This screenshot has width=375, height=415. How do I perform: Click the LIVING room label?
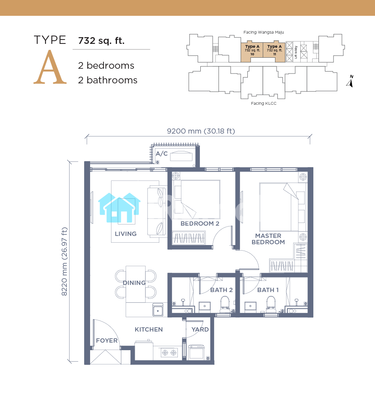pyautogui.click(x=126, y=234)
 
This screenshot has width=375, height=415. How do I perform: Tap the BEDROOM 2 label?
pyautogui.click(x=200, y=224)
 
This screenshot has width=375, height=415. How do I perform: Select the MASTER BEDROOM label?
pyautogui.click(x=268, y=239)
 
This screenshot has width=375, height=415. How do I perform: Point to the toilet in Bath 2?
pyautogui.click(x=225, y=304)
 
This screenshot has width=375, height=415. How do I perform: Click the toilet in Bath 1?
pyautogui.click(x=271, y=304)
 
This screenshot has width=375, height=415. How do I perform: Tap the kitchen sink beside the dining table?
pyautogui.click(x=158, y=310)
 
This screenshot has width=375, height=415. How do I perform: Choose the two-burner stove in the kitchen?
pyautogui.click(x=170, y=353)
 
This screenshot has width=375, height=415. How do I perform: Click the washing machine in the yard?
pyautogui.click(x=196, y=352)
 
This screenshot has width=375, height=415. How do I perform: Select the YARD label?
pyautogui.click(x=200, y=330)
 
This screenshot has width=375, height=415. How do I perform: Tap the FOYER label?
pyautogui.click(x=107, y=341)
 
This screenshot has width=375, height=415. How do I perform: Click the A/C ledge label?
pyautogui.click(x=162, y=153)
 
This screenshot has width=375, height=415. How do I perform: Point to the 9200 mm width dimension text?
pyautogui.click(x=201, y=131)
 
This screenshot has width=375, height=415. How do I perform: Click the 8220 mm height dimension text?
pyautogui.click(x=64, y=261)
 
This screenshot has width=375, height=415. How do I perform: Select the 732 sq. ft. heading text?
pyautogui.click(x=102, y=41)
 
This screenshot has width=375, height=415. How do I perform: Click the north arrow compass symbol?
pyautogui.click(x=350, y=81)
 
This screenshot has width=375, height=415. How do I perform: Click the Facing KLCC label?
pyautogui.click(x=264, y=104)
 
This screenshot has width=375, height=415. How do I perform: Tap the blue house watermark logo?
pyautogui.click(x=119, y=208)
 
